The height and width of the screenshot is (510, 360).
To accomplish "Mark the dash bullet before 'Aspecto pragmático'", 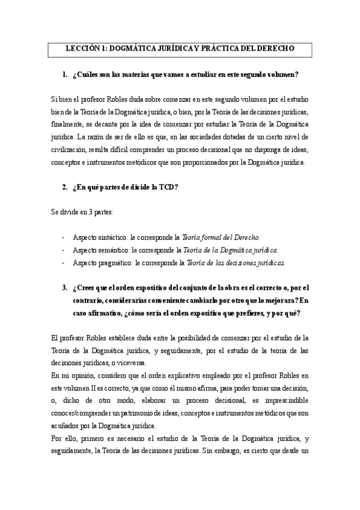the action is click(64, 262).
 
